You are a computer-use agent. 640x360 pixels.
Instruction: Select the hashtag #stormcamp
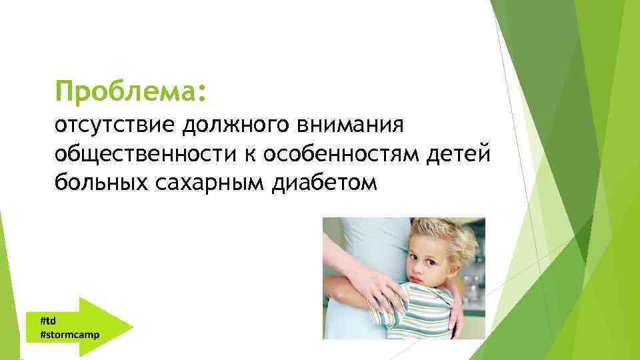coord(69,334)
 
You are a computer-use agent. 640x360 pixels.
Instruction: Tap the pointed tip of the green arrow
coord(132,327)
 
